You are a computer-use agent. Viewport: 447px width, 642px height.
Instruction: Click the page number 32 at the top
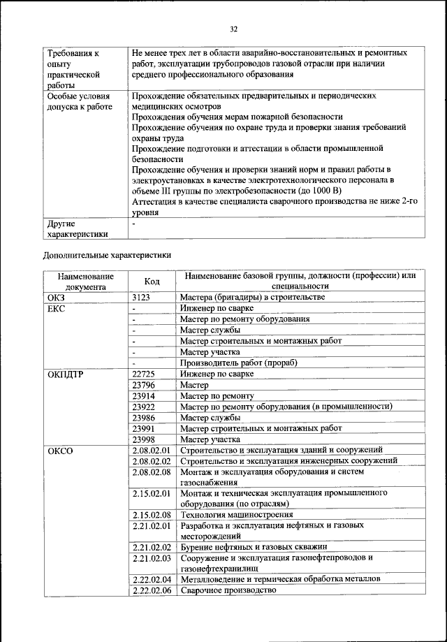(x=234, y=29)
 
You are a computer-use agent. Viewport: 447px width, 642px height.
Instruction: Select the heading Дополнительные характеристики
(x=107, y=256)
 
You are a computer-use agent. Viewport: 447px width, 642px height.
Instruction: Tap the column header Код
(x=152, y=281)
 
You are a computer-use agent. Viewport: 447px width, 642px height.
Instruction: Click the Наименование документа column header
(x=85, y=281)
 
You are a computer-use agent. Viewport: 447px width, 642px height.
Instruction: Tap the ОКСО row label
(x=60, y=451)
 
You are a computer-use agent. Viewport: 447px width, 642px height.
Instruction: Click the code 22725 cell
(x=144, y=374)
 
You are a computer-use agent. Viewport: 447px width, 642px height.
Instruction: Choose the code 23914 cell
(x=144, y=395)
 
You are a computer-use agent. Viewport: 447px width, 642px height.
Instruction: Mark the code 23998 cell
(x=144, y=439)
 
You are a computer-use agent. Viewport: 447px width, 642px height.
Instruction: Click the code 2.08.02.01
(x=152, y=451)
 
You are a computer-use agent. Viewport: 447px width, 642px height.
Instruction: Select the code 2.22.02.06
(x=152, y=590)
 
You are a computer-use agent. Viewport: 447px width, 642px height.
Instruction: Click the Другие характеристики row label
(x=77, y=229)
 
